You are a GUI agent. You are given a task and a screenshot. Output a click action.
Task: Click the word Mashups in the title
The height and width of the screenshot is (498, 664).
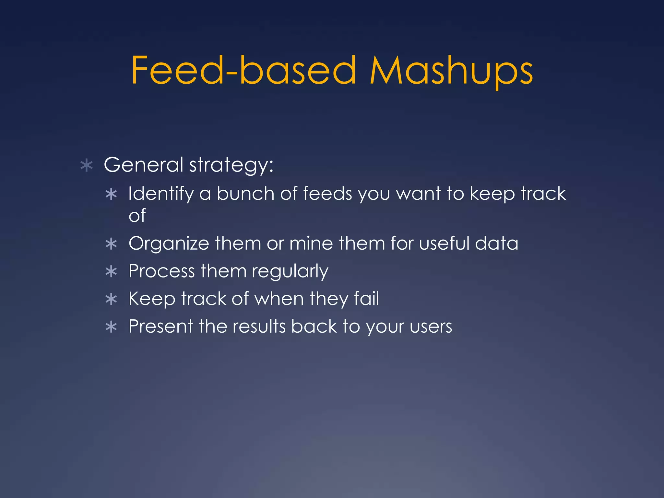[451, 71]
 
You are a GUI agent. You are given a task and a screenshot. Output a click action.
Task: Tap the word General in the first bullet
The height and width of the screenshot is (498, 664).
[144, 164]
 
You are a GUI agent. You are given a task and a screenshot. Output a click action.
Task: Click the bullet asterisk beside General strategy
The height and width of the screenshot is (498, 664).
[87, 165]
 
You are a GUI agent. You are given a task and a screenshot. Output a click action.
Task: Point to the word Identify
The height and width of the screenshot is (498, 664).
[161, 194]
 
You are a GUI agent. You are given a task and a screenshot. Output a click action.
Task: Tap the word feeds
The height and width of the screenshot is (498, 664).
[327, 194]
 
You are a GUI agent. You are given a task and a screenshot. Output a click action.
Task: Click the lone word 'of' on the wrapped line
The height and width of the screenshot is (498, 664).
[137, 216]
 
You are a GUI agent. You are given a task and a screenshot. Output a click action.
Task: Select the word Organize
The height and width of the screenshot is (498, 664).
[169, 244]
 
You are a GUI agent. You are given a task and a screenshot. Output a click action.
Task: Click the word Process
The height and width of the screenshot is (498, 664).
[162, 271]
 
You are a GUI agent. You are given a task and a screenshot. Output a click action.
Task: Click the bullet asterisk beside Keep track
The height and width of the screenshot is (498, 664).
[111, 299]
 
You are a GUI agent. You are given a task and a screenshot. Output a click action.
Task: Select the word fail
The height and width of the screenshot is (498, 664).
[366, 298]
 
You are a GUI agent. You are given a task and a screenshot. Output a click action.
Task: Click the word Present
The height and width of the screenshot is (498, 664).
[161, 326]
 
